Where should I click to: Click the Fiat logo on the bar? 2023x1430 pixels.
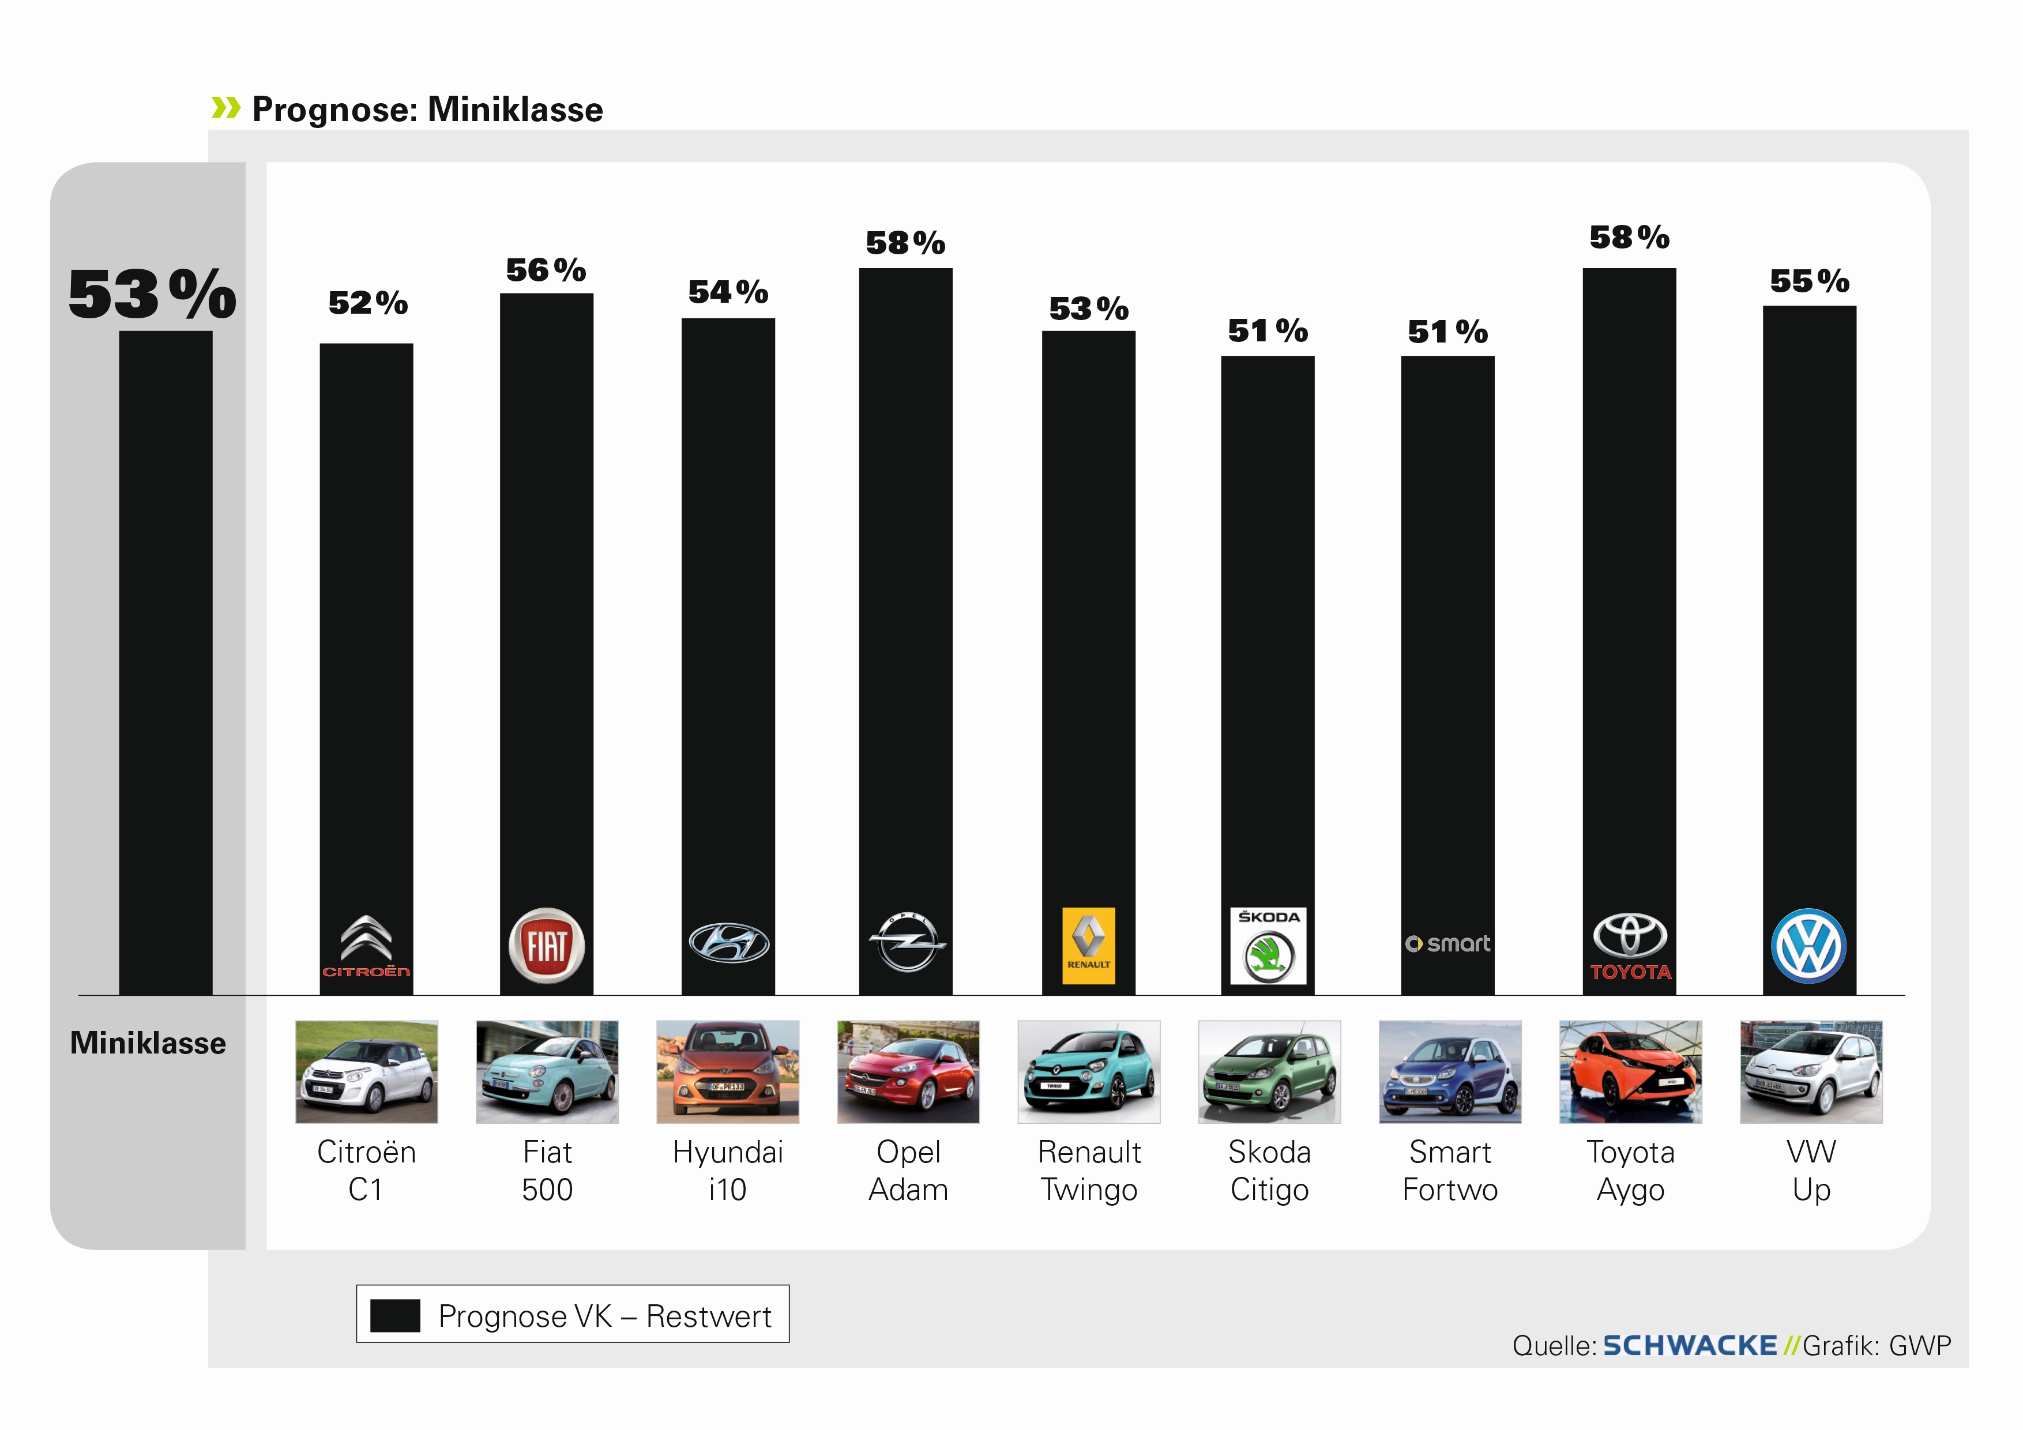[x=546, y=946]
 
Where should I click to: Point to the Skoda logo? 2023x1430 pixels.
[x=1268, y=946]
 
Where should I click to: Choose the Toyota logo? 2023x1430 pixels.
[x=1630, y=946]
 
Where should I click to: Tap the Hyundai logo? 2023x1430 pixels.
[x=728, y=943]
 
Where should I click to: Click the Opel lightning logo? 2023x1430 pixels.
[x=907, y=942]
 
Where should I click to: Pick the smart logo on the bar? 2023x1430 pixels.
[x=1447, y=944]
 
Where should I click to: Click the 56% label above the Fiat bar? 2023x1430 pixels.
[x=546, y=270]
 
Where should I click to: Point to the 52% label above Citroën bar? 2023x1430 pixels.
[x=367, y=304]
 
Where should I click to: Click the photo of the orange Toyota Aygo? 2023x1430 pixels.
[x=1630, y=1071]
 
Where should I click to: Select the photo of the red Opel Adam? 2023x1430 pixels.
[x=908, y=1071]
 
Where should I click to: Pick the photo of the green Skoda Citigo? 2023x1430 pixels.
[x=1269, y=1071]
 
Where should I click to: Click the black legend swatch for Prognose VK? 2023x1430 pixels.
[x=394, y=1315]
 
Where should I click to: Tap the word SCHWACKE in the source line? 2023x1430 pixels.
[x=1689, y=1345]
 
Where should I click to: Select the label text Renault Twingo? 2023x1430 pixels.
[x=1089, y=1170]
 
